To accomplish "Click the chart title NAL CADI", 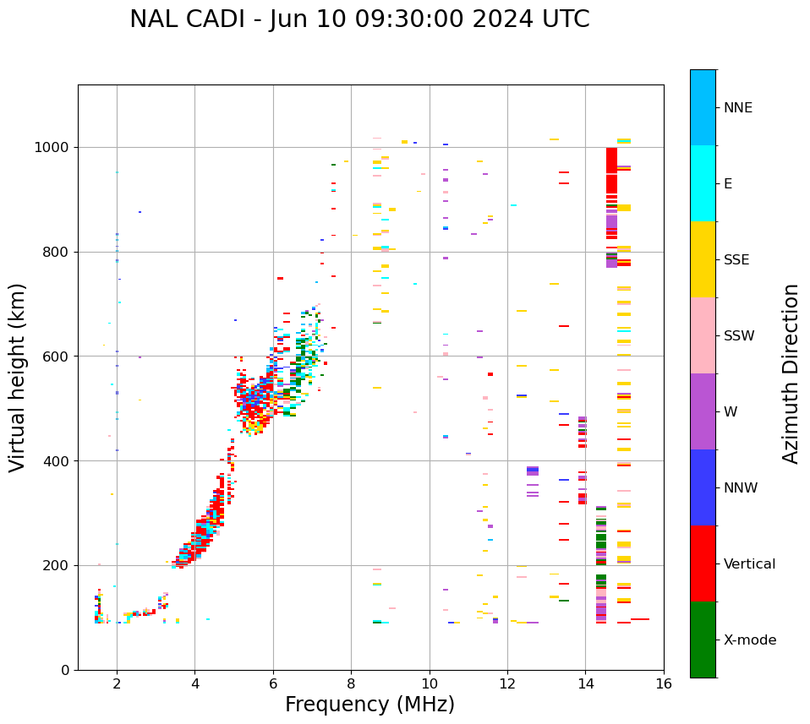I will [359, 19].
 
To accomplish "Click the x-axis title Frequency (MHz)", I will [369, 705].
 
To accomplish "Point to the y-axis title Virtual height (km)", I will [18, 377].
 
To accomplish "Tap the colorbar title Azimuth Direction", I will [791, 373].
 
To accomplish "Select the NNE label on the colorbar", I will [737, 108].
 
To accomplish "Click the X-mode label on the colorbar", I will [749, 640].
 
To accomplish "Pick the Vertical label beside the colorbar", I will [749, 564].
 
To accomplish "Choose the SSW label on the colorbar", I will [739, 336].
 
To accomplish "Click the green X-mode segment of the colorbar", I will [703, 640].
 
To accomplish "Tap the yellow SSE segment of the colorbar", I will [703, 259].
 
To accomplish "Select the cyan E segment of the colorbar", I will [703, 183].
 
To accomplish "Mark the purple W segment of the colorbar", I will [703, 411].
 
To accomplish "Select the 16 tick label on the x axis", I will [664, 683].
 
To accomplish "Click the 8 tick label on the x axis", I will [351, 683].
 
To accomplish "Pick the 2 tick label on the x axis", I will [117, 683].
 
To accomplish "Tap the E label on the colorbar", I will [728, 184].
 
